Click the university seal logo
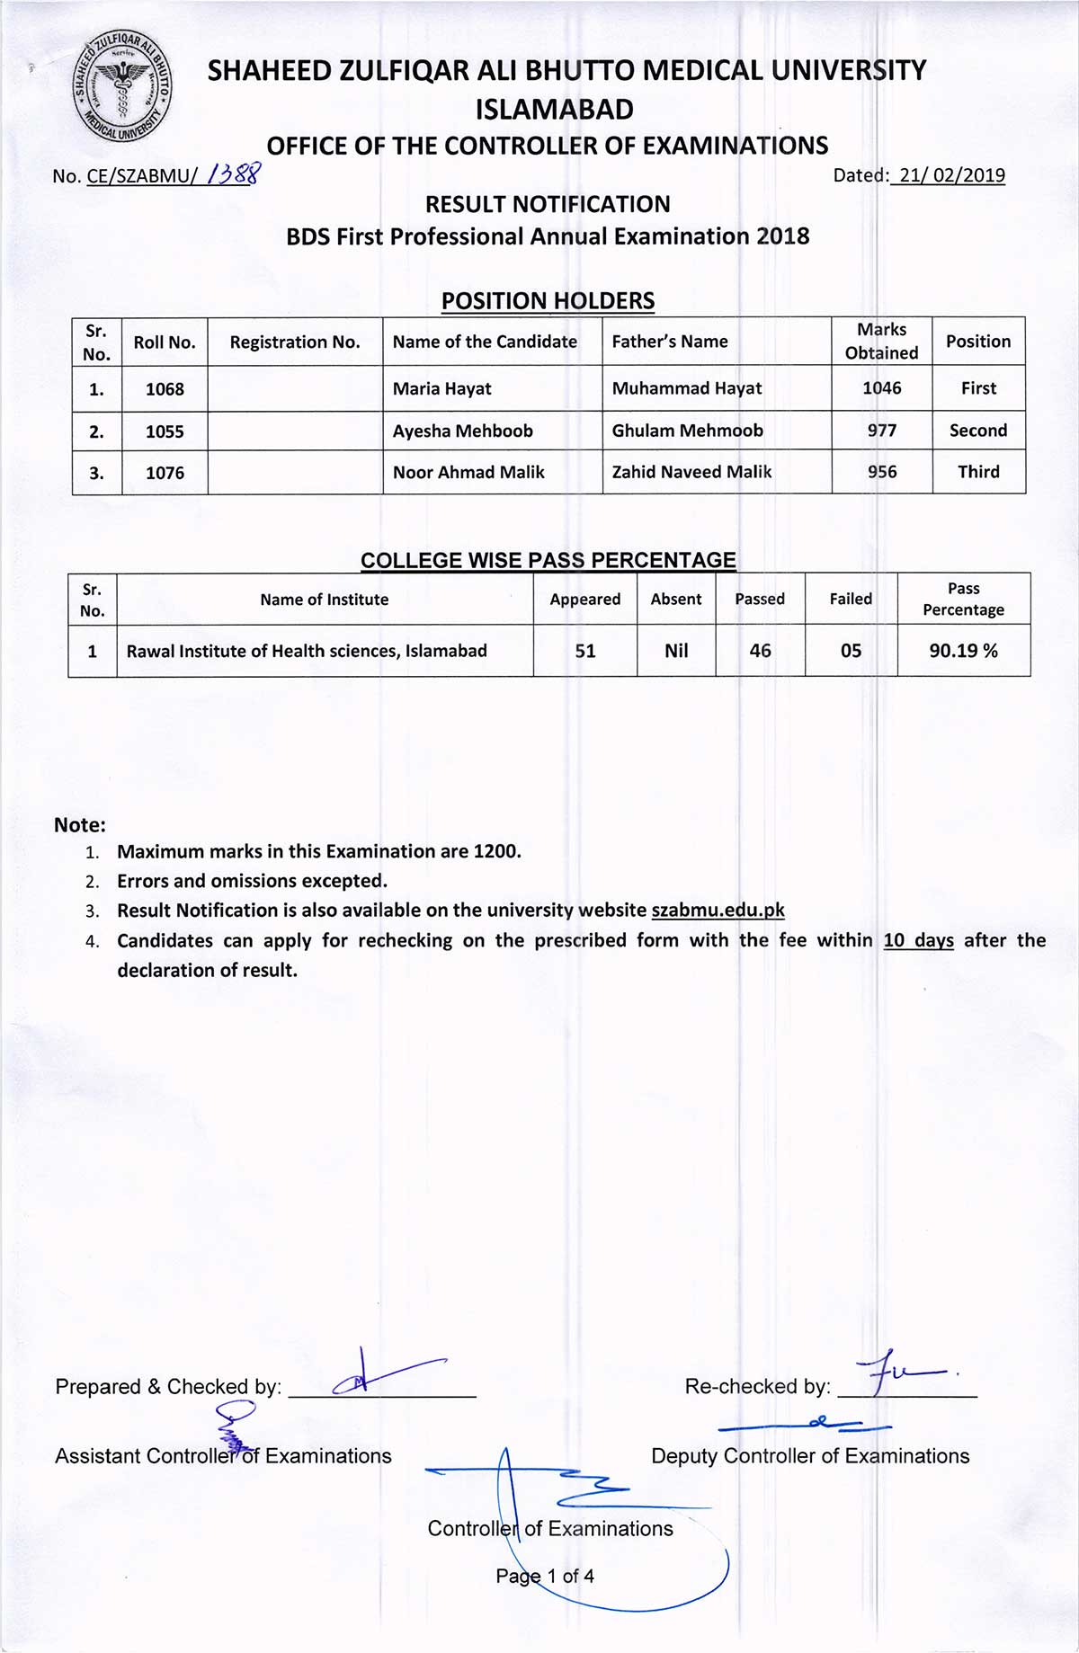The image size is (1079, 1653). pos(122,87)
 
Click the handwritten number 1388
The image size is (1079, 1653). pos(234,173)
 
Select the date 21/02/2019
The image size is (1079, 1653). pos(951,175)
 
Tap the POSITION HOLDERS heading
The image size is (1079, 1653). pos(548,301)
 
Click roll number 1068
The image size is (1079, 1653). pos(165,389)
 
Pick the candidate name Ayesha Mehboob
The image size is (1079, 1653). pos(462,431)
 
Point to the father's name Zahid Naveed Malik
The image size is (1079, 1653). pos(691,472)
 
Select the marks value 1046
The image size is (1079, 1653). pos(881,388)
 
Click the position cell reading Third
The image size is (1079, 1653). pos(978,472)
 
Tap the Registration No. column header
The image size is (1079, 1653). pos(295,342)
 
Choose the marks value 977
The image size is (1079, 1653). pos(881,431)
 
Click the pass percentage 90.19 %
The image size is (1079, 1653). pos(963,651)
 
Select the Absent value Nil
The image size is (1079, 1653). pos(676,651)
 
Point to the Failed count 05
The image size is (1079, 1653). pos(851,651)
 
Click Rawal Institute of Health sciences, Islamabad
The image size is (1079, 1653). pos(307,651)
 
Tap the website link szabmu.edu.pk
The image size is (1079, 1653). pos(718,910)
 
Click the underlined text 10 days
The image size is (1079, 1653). pos(918,940)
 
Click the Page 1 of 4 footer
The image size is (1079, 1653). pos(545,1576)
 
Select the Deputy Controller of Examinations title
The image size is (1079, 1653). pos(810,1456)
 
